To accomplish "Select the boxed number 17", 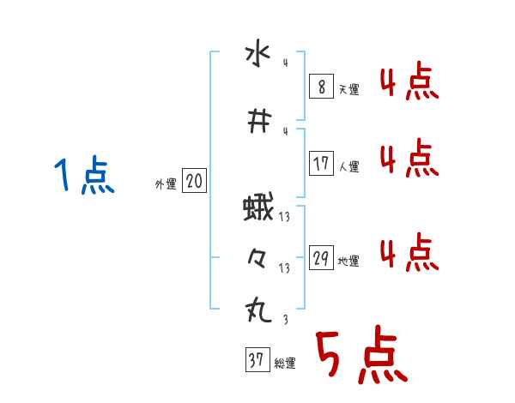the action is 322,163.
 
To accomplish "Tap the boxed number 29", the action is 322,258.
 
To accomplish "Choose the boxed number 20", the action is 194,181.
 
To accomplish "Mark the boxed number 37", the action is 256,361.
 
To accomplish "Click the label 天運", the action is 349,89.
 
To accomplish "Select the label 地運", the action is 348,262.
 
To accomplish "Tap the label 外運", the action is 165,183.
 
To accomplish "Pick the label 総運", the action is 284,364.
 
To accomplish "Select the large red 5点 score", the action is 360,356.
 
